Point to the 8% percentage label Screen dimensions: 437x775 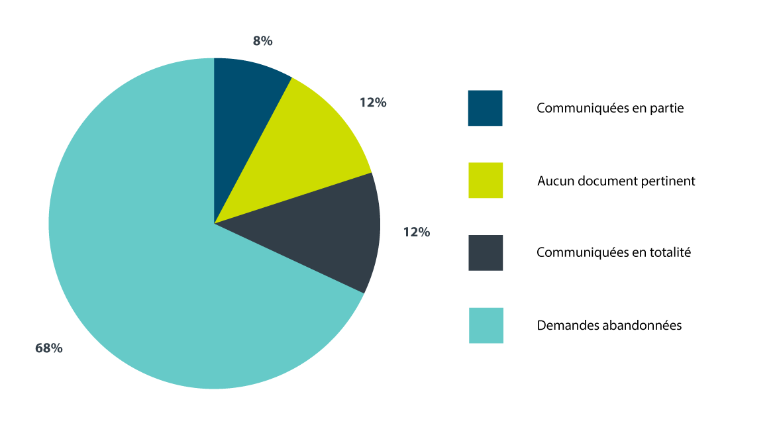tap(262, 41)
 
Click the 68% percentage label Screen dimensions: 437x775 tap(49, 348)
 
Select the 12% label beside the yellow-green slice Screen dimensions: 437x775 tap(373, 103)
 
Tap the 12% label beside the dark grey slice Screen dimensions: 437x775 tap(417, 232)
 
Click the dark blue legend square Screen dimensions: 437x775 tap(485, 108)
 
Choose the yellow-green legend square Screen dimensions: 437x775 tap(485, 180)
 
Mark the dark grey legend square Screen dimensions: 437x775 tap(485, 252)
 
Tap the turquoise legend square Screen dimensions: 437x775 tap(486, 325)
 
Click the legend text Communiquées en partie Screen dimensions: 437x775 tap(610, 108)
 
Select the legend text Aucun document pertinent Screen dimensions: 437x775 tap(616, 180)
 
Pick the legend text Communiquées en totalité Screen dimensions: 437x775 tap(613, 252)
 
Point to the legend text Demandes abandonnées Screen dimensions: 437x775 tap(609, 325)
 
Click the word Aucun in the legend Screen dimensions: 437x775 tap(554, 180)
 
